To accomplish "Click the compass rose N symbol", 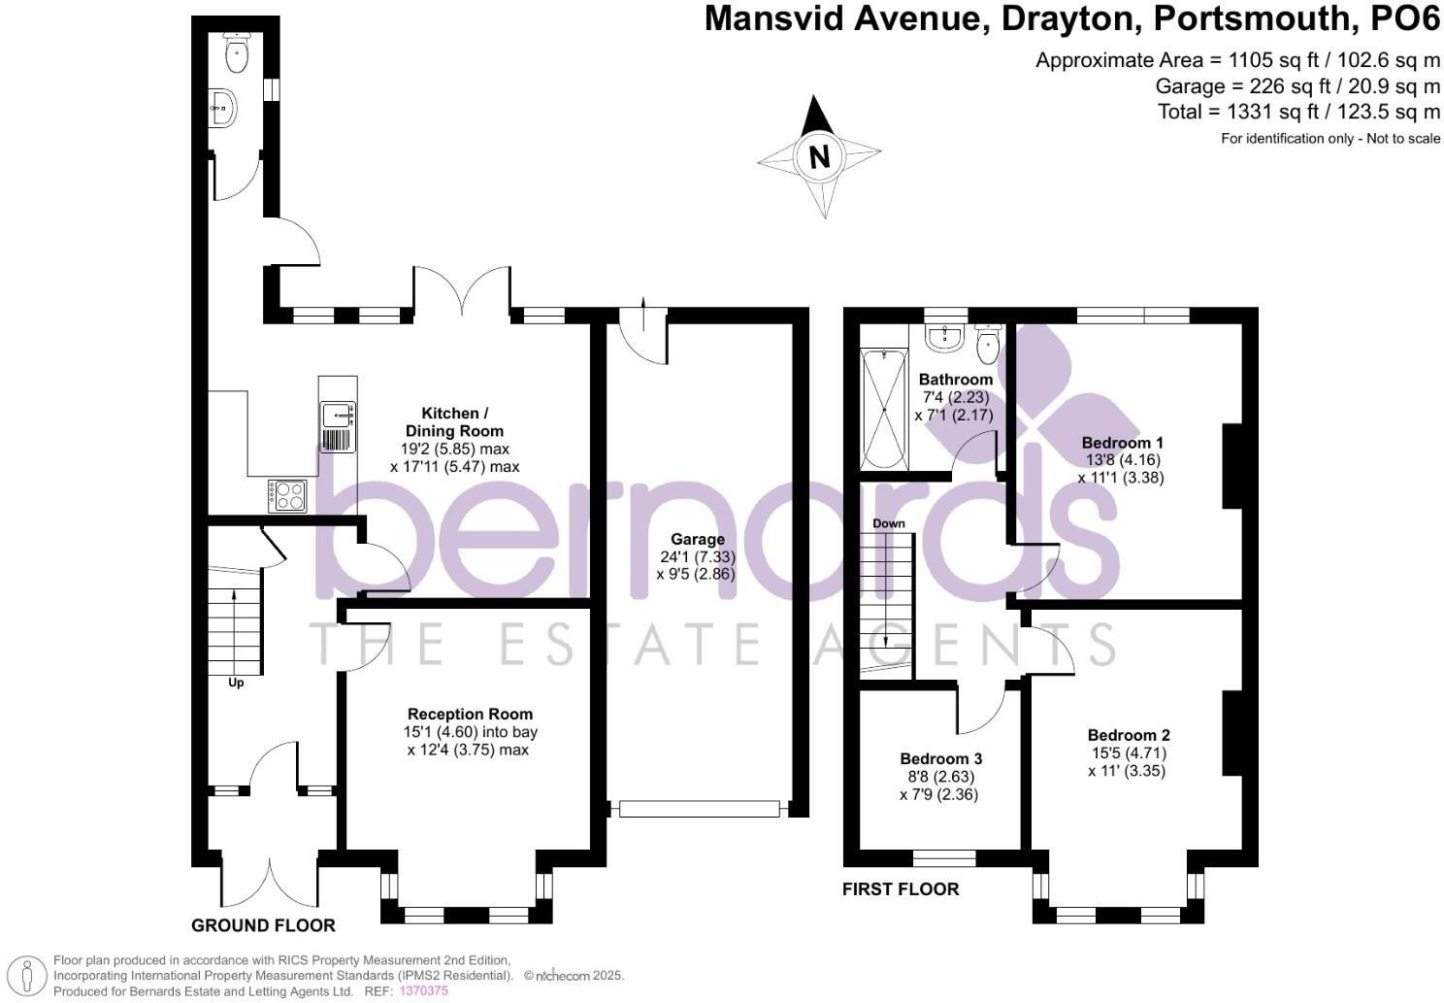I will [x=820, y=156].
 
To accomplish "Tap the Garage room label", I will [x=697, y=539].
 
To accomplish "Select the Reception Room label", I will [x=470, y=715].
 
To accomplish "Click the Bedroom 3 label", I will [x=940, y=758].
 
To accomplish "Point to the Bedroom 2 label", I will [x=1128, y=735].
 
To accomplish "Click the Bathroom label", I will [x=956, y=380].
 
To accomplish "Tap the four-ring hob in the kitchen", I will [x=288, y=495].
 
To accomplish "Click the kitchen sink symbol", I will [x=336, y=415].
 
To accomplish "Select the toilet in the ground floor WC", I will [x=237, y=53].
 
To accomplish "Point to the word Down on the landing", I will [x=889, y=523].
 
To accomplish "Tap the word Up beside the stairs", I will [x=236, y=683].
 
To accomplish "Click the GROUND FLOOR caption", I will [x=263, y=925].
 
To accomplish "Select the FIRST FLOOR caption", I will [x=900, y=888].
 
